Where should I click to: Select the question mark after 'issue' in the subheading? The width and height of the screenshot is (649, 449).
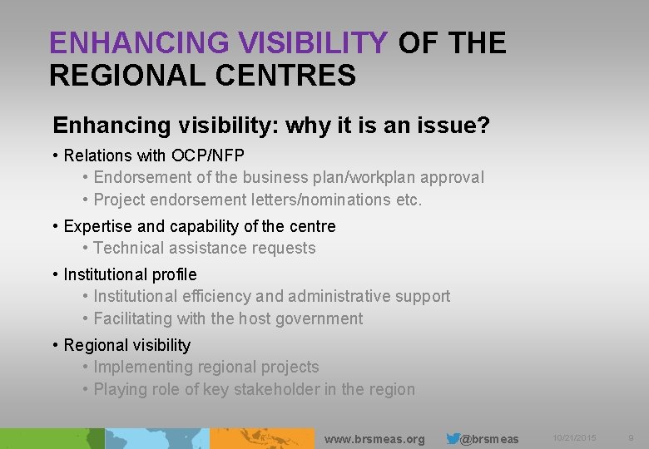(x=483, y=126)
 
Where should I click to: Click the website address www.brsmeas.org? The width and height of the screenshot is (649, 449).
(x=374, y=439)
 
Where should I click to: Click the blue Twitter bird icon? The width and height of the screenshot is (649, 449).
(x=453, y=438)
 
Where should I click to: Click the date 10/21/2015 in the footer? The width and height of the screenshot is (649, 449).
(x=573, y=437)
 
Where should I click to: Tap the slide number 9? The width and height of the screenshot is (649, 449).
(x=631, y=437)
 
